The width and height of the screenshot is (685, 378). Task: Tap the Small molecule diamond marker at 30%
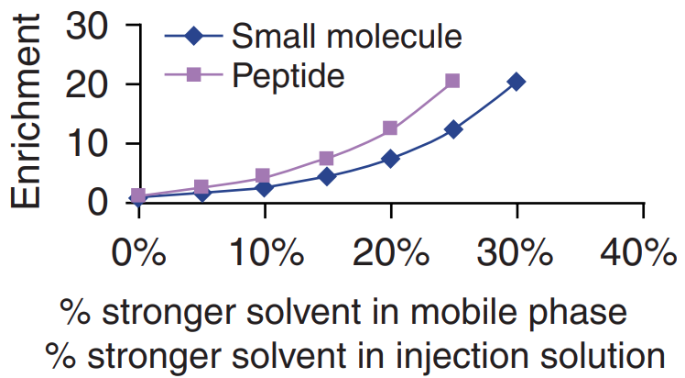tap(516, 82)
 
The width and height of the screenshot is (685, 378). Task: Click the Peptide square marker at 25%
tap(452, 81)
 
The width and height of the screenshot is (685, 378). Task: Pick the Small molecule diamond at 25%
tap(452, 129)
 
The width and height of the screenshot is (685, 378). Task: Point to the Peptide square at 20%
tap(390, 128)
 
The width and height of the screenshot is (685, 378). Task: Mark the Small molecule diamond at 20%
tap(390, 159)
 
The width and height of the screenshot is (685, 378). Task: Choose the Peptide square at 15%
tap(327, 159)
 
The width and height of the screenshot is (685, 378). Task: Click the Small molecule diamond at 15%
tap(327, 176)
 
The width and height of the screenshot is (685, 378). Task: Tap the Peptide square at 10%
tap(264, 176)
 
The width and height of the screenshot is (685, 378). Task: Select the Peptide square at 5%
tap(201, 187)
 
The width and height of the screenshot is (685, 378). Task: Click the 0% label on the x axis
tap(138, 252)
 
